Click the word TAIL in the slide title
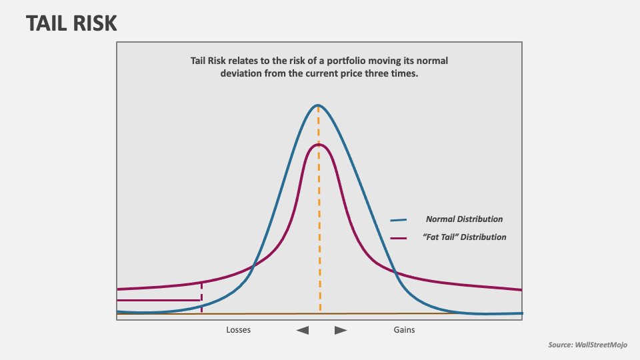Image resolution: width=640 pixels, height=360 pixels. [48, 24]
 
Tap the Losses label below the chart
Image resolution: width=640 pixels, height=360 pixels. [239, 330]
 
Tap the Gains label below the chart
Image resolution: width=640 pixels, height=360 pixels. [403, 330]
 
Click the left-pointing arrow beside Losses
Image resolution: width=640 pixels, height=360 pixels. [303, 330]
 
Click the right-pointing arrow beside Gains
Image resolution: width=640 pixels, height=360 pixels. [341, 330]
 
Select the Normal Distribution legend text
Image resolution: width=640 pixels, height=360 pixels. [465, 219]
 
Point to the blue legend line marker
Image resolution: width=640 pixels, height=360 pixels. [399, 220]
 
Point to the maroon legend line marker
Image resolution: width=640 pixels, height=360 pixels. [399, 238]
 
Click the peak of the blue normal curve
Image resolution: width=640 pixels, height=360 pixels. [318, 105]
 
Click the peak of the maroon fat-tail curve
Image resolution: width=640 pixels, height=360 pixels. [319, 145]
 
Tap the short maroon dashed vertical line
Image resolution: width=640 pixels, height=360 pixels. [201, 297]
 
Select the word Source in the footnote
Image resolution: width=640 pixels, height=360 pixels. [561, 345]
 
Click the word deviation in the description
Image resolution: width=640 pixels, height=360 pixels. [241, 73]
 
